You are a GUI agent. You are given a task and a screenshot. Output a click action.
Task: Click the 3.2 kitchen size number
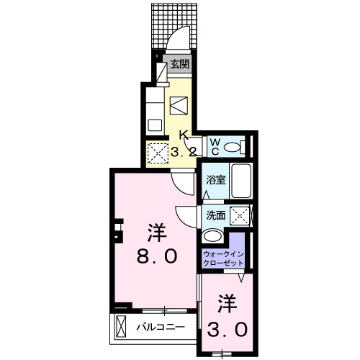click(184, 152)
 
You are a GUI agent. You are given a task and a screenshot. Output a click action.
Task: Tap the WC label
click(215, 146)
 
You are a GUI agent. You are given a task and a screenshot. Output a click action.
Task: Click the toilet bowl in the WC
click(232, 147)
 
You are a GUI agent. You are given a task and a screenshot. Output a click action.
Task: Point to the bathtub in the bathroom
click(242, 182)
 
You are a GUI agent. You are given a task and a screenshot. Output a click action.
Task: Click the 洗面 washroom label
click(215, 215)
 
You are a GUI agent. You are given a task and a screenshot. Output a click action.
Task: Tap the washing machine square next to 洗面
click(242, 215)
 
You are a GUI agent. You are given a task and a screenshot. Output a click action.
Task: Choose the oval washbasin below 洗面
click(213, 236)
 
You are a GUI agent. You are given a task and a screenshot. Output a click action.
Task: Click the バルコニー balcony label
click(161, 327)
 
